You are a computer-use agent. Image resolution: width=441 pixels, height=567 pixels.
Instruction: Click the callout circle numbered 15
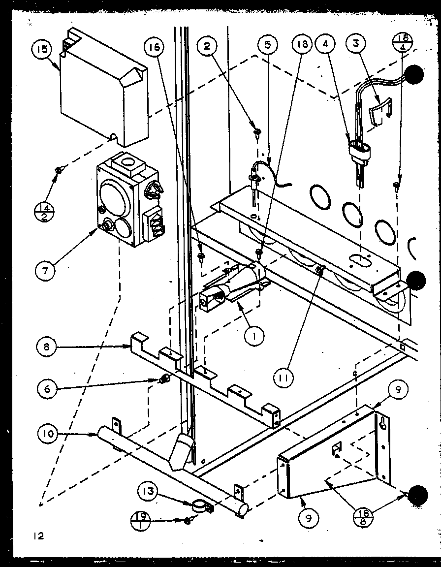[41, 50]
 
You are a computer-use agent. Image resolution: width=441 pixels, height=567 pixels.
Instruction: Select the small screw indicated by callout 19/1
[188, 521]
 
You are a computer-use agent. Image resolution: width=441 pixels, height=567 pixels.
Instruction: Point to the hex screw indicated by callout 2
[257, 131]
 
